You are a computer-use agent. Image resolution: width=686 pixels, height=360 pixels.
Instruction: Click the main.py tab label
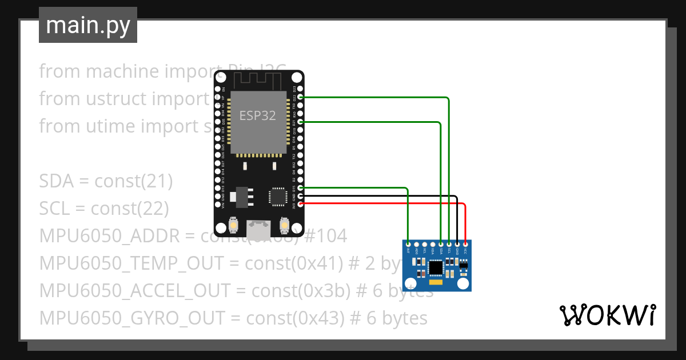tap(87, 25)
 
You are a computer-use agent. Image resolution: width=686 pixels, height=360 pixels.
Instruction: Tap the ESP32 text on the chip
tap(257, 116)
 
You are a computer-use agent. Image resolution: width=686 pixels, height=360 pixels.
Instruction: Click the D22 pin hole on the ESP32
tap(301, 98)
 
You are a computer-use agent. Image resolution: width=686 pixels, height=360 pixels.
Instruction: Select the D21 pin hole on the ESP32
tap(301, 122)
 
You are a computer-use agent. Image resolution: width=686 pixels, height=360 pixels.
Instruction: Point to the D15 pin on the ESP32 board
tap(301, 187)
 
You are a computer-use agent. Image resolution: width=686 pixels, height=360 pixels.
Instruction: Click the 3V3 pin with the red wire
tap(301, 203)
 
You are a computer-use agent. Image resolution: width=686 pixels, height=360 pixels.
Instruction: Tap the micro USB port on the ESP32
tap(258, 230)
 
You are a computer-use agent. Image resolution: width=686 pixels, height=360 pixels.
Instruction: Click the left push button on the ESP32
tap(233, 226)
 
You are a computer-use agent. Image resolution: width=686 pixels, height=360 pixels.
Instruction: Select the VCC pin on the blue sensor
tap(465, 245)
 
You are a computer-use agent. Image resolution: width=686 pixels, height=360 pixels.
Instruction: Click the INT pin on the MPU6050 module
tap(408, 245)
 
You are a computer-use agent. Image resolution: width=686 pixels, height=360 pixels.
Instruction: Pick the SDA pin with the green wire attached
tap(441, 245)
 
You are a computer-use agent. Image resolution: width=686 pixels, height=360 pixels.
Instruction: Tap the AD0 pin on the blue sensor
tap(416, 245)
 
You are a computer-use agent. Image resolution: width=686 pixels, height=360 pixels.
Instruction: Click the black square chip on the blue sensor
tap(436, 267)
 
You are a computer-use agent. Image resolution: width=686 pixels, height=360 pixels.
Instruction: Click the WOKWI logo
tap(607, 315)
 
